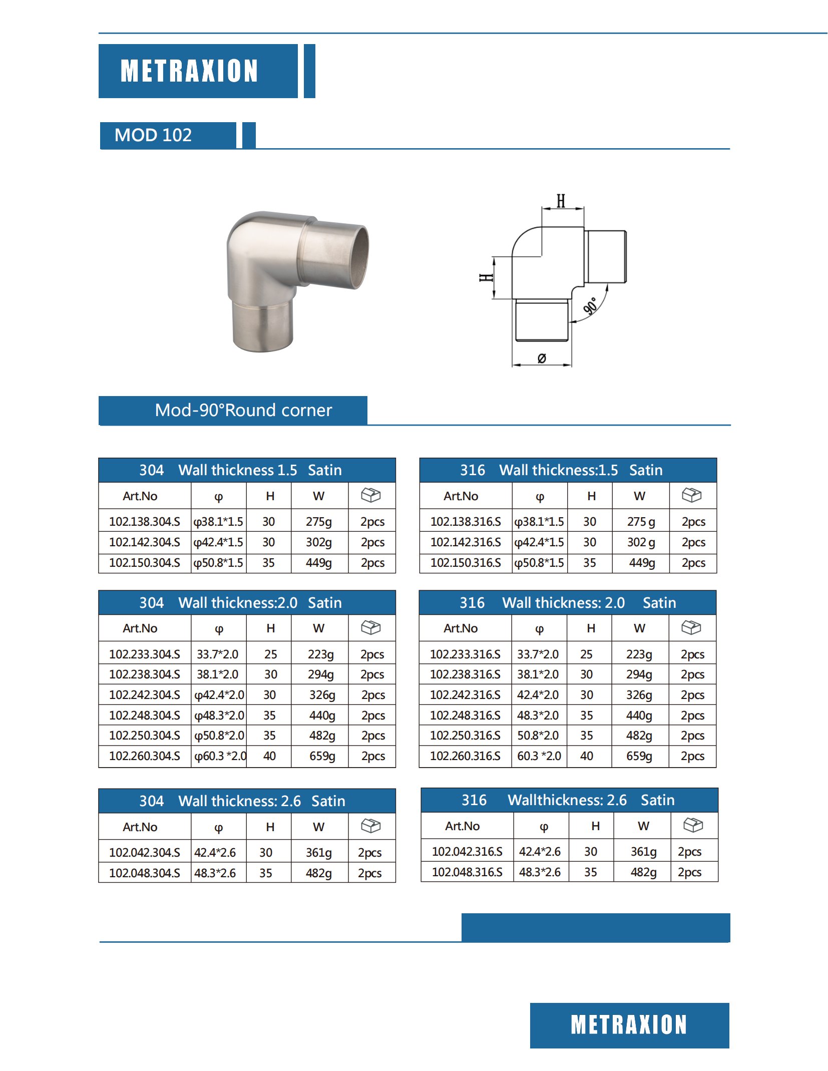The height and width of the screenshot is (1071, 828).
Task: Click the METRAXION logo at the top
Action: pyautogui.click(x=189, y=71)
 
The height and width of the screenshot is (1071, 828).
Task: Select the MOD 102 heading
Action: pyautogui.click(x=153, y=135)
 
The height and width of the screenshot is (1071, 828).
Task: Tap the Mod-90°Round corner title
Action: pyautogui.click(x=243, y=410)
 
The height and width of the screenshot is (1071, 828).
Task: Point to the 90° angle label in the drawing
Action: pyautogui.click(x=591, y=305)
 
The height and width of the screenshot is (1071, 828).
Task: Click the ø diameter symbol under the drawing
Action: pyautogui.click(x=541, y=358)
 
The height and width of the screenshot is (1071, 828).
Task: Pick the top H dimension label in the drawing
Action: pyautogui.click(x=561, y=201)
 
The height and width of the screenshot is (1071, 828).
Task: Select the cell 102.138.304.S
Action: pyautogui.click(x=144, y=522)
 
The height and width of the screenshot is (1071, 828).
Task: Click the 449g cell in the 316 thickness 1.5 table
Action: pyautogui.click(x=641, y=563)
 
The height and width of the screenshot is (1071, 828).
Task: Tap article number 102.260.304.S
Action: pyautogui.click(x=144, y=756)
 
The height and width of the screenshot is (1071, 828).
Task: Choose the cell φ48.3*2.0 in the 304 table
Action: pyautogui.click(x=219, y=716)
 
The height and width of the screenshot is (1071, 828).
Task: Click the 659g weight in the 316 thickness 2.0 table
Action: pyautogui.click(x=639, y=756)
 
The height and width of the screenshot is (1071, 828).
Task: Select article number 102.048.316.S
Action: pyautogui.click(x=467, y=872)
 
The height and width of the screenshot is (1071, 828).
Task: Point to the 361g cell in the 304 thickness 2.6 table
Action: pyautogui.click(x=318, y=853)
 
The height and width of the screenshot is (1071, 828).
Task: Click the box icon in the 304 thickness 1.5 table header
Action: pyautogui.click(x=371, y=495)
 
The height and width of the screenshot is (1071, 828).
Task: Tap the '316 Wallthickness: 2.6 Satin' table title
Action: pyautogui.click(x=568, y=800)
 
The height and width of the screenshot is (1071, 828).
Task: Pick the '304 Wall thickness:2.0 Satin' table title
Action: pyautogui.click(x=241, y=603)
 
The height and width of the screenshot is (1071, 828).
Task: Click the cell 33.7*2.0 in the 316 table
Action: pyautogui.click(x=538, y=654)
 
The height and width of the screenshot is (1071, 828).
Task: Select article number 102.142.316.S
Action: pyautogui.click(x=465, y=542)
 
